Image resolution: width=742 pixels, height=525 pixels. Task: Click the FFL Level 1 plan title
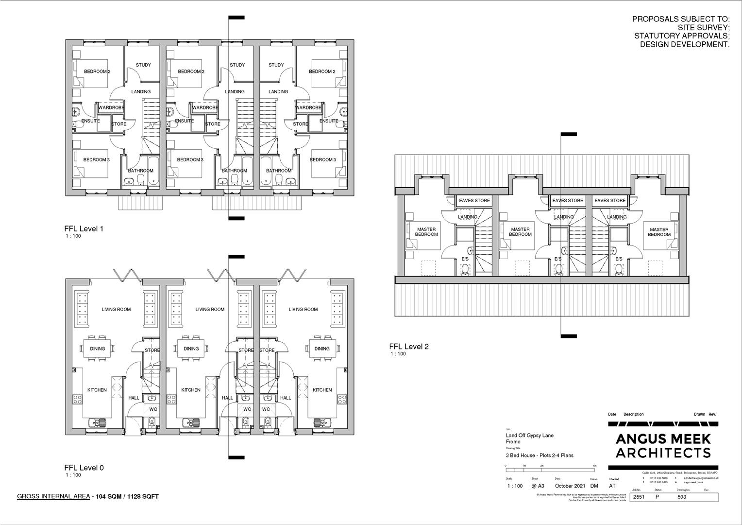(x=84, y=228)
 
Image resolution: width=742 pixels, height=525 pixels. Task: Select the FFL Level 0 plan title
(x=84, y=468)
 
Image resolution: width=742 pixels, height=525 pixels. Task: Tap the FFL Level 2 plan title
(x=408, y=347)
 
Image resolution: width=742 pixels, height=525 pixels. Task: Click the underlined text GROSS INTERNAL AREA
(x=53, y=496)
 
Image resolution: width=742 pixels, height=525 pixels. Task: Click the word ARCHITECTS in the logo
(x=663, y=453)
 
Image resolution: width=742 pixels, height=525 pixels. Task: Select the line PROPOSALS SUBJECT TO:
(x=680, y=19)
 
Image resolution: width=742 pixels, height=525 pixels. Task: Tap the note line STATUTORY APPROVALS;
(x=681, y=36)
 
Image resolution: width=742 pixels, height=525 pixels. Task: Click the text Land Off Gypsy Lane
(x=529, y=436)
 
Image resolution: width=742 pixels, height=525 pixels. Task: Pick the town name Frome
(x=513, y=442)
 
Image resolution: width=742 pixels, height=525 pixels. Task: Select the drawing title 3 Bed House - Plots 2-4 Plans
(x=540, y=455)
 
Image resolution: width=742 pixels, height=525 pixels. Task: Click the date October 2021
(x=571, y=486)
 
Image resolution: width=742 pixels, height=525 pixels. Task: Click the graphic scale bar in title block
(x=551, y=470)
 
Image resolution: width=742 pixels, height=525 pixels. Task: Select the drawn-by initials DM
(x=594, y=486)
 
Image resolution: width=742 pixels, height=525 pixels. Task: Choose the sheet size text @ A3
(x=538, y=486)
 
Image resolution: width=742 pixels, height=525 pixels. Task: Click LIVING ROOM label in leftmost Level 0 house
(x=116, y=309)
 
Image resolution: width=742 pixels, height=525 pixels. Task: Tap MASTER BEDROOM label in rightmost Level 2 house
(x=658, y=232)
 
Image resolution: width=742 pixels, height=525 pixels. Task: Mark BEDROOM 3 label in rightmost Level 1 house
(x=322, y=159)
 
